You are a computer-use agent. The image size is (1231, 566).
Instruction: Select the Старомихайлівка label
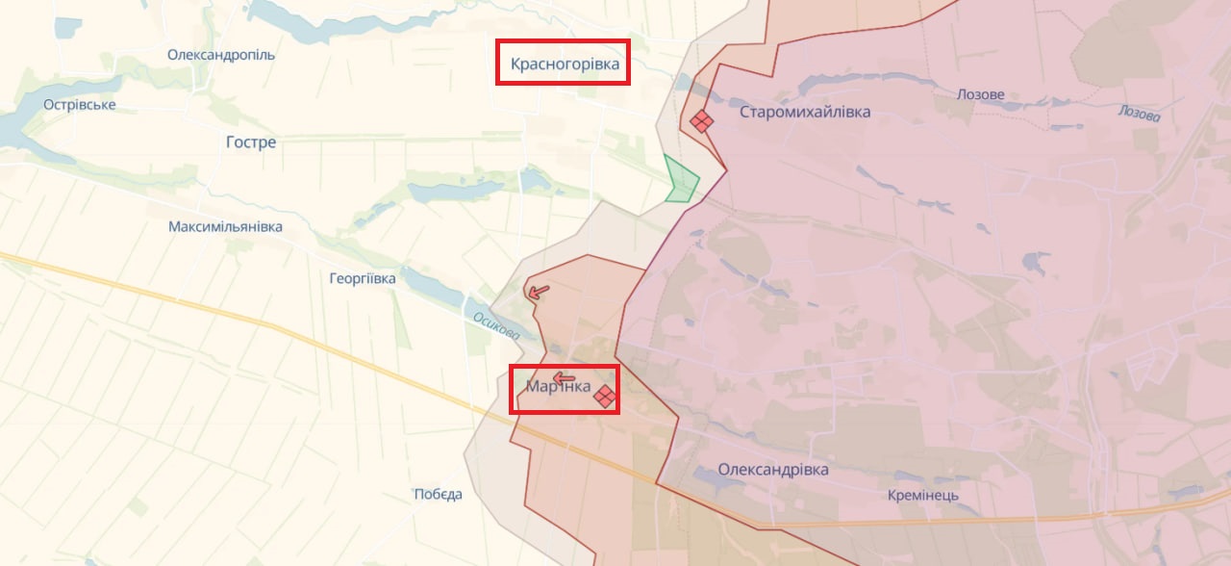point(805,113)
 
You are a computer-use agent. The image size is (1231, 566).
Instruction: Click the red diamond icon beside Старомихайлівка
point(701,121)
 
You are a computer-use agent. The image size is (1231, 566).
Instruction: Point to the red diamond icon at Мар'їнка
point(605,396)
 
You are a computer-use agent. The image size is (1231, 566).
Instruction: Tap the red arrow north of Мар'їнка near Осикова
point(539,291)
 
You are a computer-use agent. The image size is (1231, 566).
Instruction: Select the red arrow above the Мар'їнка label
point(564,378)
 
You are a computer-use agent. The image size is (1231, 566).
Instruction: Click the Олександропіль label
point(221,55)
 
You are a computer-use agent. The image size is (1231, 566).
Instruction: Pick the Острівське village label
point(80,104)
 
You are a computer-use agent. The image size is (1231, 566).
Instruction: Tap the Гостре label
point(251,142)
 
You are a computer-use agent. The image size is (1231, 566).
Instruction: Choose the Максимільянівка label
point(225,227)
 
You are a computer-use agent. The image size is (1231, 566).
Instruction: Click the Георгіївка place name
point(362,278)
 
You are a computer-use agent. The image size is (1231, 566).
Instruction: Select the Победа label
point(439,495)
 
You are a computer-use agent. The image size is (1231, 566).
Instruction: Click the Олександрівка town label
point(773,470)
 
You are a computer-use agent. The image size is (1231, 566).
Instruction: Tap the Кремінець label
point(923,496)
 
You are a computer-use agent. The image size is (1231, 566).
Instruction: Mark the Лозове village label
point(981,95)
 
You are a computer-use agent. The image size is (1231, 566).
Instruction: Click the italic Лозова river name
point(1139,113)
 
